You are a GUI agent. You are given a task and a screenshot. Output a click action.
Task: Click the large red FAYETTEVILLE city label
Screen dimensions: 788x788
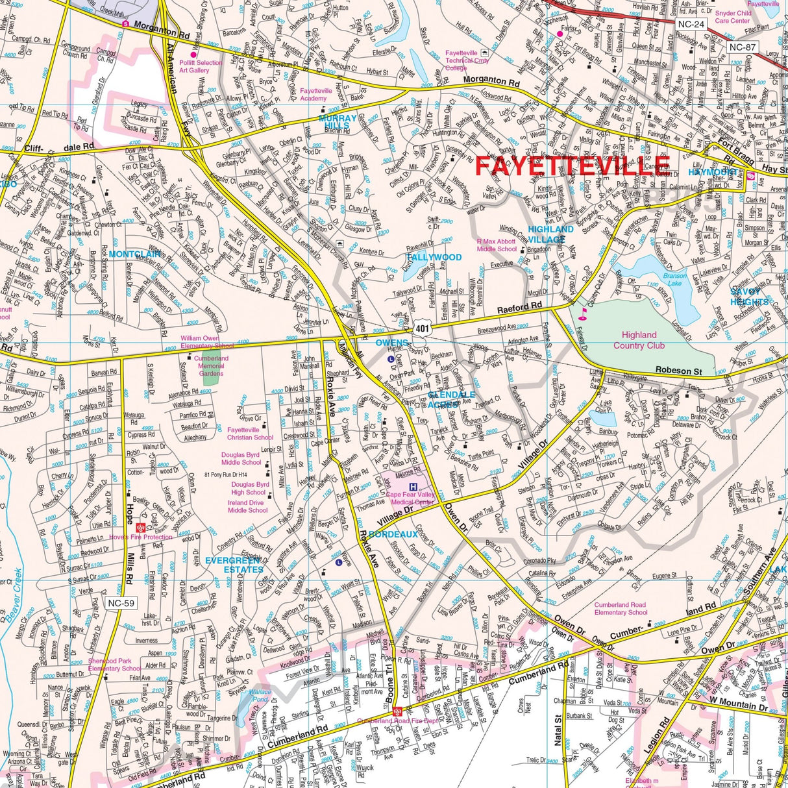pos(572,166)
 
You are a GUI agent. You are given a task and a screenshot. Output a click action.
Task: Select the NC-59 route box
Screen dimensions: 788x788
pos(121,604)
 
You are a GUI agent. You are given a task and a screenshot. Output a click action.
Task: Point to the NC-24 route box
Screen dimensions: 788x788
pos(689,25)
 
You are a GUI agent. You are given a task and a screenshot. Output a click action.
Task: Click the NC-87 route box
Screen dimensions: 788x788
pos(742,47)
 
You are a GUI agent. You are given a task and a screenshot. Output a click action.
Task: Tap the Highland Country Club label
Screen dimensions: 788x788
pos(639,340)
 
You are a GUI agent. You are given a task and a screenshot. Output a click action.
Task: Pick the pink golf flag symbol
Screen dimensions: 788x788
pos(582,315)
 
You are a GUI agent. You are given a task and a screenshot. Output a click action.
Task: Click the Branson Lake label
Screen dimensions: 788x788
pos(674,279)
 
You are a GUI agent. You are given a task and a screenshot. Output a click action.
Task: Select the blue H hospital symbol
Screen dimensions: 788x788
pos(412,486)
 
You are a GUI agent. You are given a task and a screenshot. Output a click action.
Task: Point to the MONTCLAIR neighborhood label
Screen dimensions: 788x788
pos(134,254)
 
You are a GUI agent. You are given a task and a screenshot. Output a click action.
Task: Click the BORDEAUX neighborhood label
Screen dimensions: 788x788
pos(393,534)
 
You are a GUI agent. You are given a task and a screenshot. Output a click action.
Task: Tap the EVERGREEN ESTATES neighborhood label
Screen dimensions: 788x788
pos(234,565)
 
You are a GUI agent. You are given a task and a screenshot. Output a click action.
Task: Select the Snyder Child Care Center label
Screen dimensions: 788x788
pos(733,16)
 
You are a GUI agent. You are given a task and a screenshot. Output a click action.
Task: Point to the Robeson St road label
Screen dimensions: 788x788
pos(678,371)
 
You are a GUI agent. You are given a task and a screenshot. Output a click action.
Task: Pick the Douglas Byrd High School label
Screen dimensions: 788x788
pos(250,488)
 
